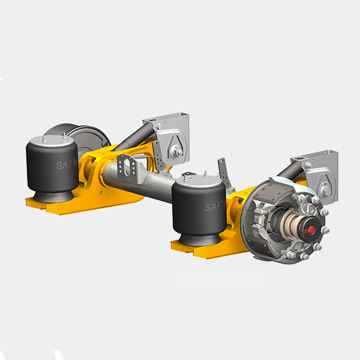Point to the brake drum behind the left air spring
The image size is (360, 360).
(x=90, y=138)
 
